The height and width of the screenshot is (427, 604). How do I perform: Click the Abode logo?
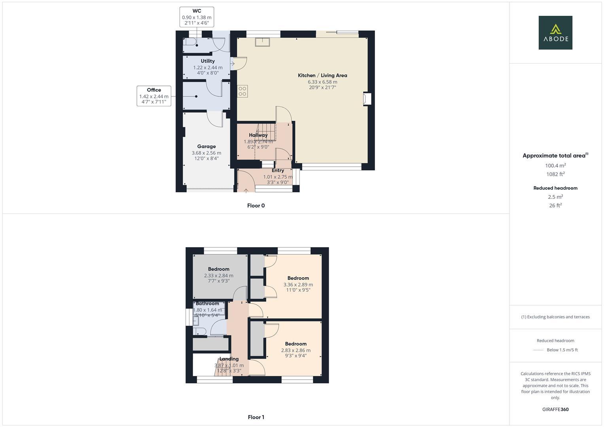tap(555, 32)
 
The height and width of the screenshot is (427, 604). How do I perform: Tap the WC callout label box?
tap(197, 17)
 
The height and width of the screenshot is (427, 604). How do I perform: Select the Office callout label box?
tap(154, 96)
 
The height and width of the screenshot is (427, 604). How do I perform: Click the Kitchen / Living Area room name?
tap(322, 75)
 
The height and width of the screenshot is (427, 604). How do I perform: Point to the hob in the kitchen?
tap(242, 91)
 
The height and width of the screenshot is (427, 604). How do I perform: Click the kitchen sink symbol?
tap(262, 42)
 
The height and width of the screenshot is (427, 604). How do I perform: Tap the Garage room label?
tap(206, 146)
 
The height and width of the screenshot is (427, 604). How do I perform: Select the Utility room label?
tap(208, 61)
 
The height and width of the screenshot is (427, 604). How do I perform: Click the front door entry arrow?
tap(246, 191)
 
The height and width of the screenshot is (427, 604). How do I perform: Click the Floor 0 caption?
tap(256, 206)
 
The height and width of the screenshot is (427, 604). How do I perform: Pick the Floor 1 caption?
tap(256, 417)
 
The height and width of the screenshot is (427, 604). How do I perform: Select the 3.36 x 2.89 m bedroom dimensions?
tap(298, 285)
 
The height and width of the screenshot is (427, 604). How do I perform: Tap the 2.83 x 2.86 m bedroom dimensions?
tap(295, 350)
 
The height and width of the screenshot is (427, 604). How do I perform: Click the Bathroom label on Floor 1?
tap(207, 304)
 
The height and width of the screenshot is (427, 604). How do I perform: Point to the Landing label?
tap(229, 359)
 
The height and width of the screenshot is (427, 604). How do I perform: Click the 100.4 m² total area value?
tap(555, 166)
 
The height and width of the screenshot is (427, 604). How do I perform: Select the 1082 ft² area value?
tap(555, 174)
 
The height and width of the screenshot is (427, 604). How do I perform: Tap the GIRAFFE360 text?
tap(555, 410)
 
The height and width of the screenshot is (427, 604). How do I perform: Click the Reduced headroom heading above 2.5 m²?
tap(555, 188)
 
